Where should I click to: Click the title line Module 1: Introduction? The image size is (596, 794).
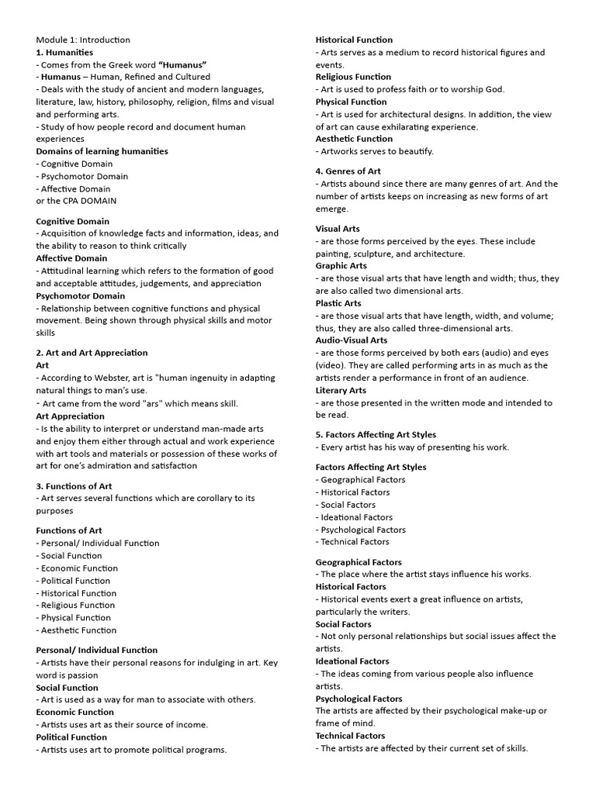point(83,40)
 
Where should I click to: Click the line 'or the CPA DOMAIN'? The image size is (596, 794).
point(76,201)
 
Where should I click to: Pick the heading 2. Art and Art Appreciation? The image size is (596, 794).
point(92,353)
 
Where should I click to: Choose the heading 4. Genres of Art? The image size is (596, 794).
point(348,171)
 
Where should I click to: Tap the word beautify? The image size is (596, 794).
point(415,151)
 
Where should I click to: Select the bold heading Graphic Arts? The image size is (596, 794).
point(341,266)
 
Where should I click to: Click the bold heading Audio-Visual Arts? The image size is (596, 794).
point(352,340)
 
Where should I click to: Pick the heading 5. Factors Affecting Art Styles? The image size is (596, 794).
point(376,435)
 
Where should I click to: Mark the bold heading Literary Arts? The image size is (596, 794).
point(341,390)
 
